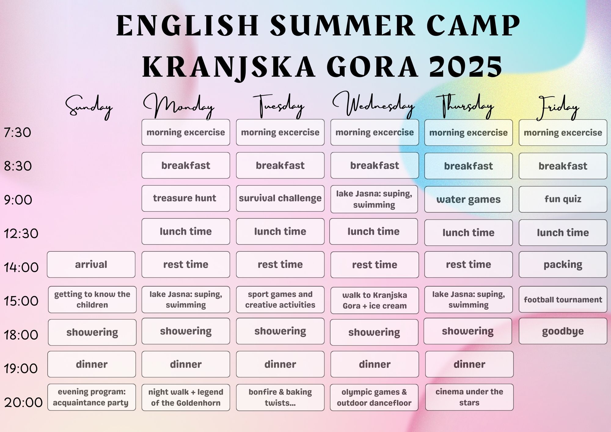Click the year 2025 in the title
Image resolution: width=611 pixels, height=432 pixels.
[466, 67]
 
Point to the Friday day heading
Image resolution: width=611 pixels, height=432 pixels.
[558, 107]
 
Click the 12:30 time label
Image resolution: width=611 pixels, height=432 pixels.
[21, 234]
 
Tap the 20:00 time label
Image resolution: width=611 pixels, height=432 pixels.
[23, 402]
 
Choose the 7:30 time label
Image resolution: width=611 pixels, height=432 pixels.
[17, 133]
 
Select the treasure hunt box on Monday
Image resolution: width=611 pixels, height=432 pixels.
[186, 198]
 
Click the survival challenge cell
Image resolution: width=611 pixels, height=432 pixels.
[280, 198]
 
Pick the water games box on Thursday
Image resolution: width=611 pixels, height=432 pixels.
[469, 199]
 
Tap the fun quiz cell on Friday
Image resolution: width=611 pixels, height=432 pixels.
[563, 199]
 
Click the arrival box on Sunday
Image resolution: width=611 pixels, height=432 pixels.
[91, 264]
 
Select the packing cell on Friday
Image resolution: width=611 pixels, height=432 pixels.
[563, 264]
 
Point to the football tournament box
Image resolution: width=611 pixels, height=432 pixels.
[563, 299]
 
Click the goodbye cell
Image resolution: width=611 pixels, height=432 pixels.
[563, 331]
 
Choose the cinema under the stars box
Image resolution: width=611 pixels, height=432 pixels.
[469, 397]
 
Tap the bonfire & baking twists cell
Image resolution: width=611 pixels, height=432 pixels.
[280, 397]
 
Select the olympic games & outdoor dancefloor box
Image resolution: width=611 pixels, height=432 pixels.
[374, 397]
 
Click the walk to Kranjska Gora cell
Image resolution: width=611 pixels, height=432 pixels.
[375, 300]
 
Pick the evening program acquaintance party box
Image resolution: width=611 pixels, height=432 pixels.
[92, 397]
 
